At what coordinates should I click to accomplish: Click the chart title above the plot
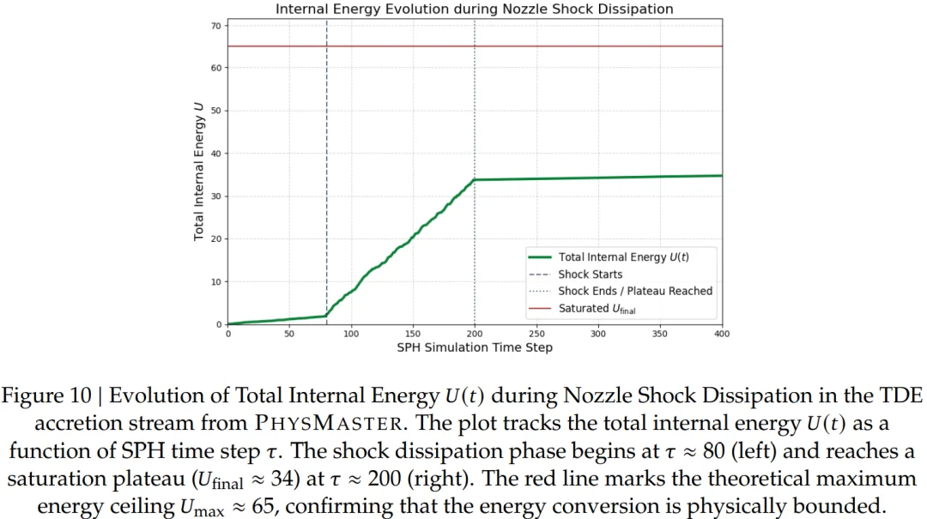(474, 9)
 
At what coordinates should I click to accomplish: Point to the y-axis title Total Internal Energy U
(198, 172)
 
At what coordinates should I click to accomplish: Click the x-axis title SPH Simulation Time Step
(474, 347)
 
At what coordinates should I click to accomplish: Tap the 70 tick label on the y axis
(216, 25)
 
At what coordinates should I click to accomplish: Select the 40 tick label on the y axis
(216, 154)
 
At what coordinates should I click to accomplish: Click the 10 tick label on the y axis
(216, 281)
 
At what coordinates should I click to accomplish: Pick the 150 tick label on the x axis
(413, 334)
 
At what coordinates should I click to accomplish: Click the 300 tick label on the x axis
(598, 334)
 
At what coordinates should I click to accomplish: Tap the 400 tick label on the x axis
(721, 334)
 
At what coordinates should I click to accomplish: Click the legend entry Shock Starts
(591, 275)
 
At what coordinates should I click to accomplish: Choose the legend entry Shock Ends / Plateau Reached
(635, 291)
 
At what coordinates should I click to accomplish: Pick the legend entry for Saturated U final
(597, 309)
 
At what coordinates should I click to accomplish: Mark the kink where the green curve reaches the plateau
(475, 179)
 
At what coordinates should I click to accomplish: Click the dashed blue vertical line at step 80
(327, 129)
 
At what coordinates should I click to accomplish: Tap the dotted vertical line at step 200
(475, 103)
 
